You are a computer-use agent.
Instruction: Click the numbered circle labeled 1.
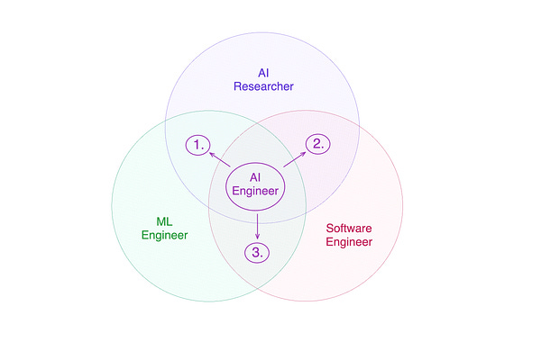click(198, 144)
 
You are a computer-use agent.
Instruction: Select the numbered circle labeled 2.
click(316, 143)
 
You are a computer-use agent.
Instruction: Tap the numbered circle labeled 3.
click(258, 252)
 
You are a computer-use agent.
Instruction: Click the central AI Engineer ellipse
click(255, 184)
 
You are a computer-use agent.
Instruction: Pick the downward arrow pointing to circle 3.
click(258, 226)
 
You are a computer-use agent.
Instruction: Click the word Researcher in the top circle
click(264, 86)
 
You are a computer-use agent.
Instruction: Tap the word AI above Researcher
click(263, 73)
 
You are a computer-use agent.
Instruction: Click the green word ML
click(164, 221)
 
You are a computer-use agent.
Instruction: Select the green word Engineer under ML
click(164, 236)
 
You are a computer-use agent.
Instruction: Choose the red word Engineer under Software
click(349, 242)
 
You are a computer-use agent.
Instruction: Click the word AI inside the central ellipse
click(255, 177)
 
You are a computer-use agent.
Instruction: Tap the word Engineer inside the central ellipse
click(255, 192)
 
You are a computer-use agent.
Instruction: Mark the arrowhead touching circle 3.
click(258, 238)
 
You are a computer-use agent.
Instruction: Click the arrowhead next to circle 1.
click(210, 153)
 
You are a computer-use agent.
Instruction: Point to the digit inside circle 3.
click(256, 252)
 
